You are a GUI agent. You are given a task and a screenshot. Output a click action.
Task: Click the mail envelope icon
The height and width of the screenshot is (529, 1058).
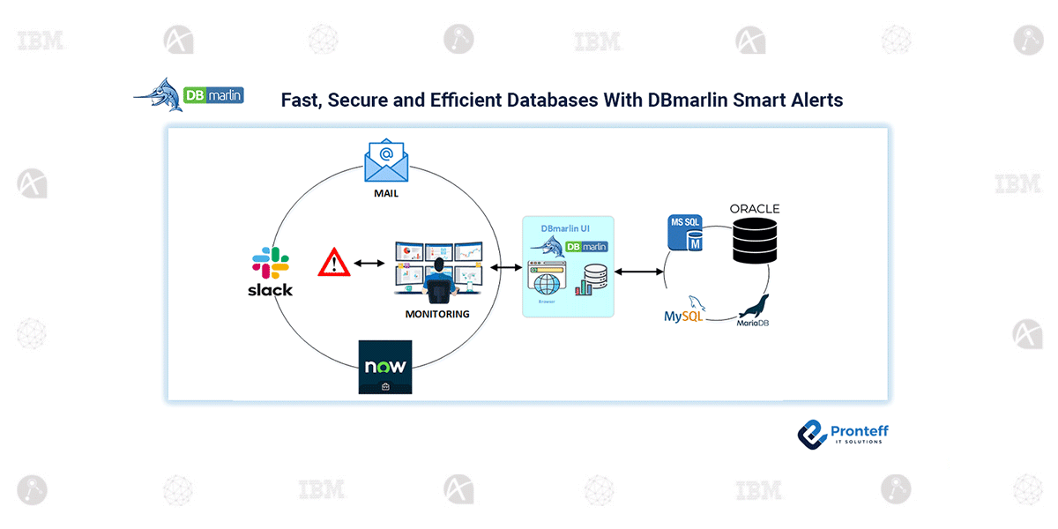click(385, 161)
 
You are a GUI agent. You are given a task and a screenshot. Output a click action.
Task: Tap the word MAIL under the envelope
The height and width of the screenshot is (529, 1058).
click(384, 193)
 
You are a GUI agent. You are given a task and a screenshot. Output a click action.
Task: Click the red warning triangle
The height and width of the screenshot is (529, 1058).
click(334, 263)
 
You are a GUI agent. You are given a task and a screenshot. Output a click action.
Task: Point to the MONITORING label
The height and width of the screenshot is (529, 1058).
click(436, 314)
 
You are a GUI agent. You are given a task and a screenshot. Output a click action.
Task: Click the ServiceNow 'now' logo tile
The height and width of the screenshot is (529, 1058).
click(385, 367)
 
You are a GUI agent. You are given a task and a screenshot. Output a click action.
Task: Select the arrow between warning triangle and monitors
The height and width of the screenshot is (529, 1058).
click(369, 263)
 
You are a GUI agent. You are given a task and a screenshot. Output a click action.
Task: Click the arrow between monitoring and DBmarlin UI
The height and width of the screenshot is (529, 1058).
click(505, 266)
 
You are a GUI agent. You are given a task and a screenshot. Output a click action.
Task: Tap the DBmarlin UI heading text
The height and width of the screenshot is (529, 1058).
click(565, 228)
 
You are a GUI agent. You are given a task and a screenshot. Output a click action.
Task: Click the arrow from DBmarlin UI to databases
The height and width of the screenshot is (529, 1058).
click(639, 272)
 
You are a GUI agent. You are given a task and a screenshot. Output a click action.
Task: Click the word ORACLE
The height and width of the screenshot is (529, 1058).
click(754, 209)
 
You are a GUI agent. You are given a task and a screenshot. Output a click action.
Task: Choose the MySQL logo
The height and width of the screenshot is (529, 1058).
click(684, 309)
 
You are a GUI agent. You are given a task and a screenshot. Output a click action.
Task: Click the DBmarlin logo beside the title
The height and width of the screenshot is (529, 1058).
click(189, 97)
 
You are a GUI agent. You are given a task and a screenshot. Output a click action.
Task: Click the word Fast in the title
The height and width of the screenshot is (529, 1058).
click(301, 100)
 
